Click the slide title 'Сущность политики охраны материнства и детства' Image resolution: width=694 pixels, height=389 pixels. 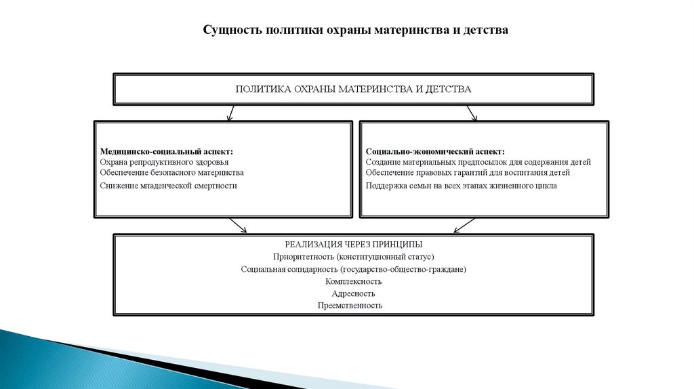(355, 30)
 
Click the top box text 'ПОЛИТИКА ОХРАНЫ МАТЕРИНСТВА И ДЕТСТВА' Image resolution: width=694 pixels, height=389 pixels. (353, 89)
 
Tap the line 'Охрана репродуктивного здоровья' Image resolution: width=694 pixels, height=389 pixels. (164, 163)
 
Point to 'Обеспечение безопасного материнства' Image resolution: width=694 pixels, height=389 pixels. (171, 173)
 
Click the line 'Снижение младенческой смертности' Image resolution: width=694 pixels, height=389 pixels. (168, 185)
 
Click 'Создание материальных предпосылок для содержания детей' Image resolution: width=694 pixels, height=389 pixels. (478, 163)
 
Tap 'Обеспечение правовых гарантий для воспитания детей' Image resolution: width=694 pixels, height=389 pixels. (468, 173)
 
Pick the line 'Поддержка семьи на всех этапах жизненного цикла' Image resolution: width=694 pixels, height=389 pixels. (462, 185)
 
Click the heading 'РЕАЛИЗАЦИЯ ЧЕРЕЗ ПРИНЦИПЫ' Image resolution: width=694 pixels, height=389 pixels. (353, 244)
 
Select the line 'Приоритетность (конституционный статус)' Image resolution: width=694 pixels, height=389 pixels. (353, 257)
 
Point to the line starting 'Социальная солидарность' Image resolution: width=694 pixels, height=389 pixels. (353, 269)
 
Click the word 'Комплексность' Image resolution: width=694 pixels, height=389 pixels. (353, 281)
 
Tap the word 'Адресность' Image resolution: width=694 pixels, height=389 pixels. (353, 293)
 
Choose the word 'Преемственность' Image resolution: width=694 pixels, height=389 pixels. (350, 306)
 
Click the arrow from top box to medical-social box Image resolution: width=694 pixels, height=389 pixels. (231, 112)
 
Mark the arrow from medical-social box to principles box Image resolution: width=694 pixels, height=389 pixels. (238, 226)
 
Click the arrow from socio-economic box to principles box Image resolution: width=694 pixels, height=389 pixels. (464, 226)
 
